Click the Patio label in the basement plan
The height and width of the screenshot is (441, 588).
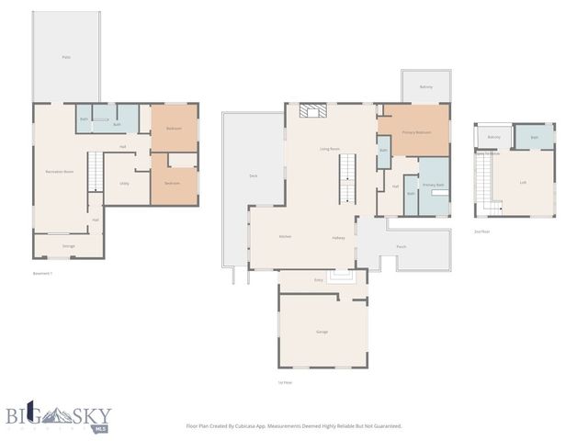click(66, 57)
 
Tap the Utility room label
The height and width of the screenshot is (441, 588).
click(124, 184)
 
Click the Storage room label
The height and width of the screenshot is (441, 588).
click(68, 246)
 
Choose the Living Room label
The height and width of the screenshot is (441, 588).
click(330, 148)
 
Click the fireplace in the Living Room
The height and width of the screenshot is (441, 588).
click(314, 112)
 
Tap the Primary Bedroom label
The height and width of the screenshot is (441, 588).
click(416, 132)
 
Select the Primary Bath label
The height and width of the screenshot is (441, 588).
click(434, 186)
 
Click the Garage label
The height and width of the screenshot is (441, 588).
click(322, 332)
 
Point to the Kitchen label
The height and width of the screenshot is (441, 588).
click(285, 237)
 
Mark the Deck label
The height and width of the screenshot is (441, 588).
click(253, 175)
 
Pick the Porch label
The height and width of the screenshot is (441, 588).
click(401, 247)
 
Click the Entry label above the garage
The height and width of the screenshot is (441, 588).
click(319, 279)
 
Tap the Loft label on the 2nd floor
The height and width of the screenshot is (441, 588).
click(523, 182)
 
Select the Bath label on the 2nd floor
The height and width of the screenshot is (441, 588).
click(535, 138)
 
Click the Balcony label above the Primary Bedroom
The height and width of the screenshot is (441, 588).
click(426, 87)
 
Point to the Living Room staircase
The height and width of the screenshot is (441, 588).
click(347, 179)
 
